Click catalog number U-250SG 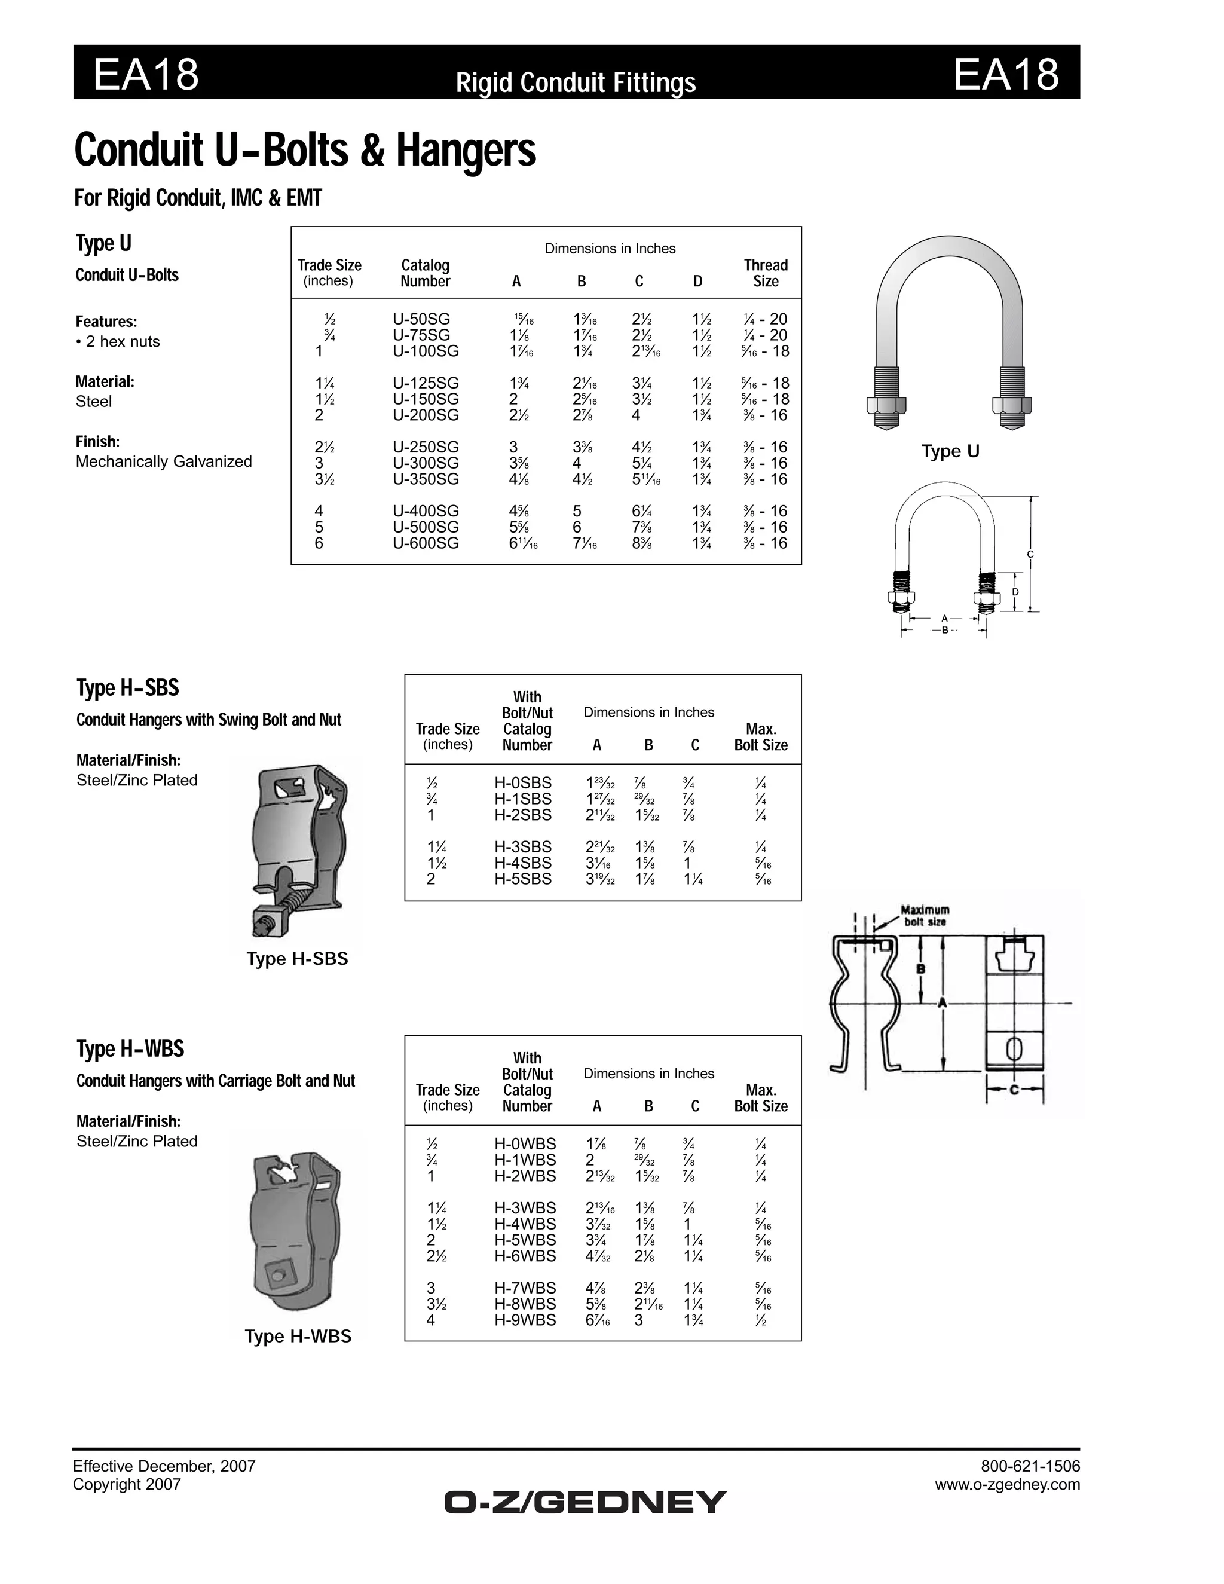pyautogui.click(x=426, y=447)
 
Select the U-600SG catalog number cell pyautogui.click(x=426, y=543)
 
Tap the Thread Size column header pyautogui.click(x=765, y=273)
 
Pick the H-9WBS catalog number pyautogui.click(x=525, y=1320)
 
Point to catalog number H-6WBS pyautogui.click(x=525, y=1255)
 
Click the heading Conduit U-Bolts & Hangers pyautogui.click(x=305, y=150)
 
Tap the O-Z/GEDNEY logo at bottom pyautogui.click(x=585, y=1502)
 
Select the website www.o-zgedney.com pyautogui.click(x=1007, y=1484)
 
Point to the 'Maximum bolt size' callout pyautogui.click(x=925, y=915)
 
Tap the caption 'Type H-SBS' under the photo pyautogui.click(x=297, y=959)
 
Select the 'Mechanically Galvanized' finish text pyautogui.click(x=164, y=461)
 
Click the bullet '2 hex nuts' pyautogui.click(x=118, y=341)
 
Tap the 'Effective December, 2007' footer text pyautogui.click(x=164, y=1466)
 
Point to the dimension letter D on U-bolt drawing pyautogui.click(x=1015, y=592)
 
